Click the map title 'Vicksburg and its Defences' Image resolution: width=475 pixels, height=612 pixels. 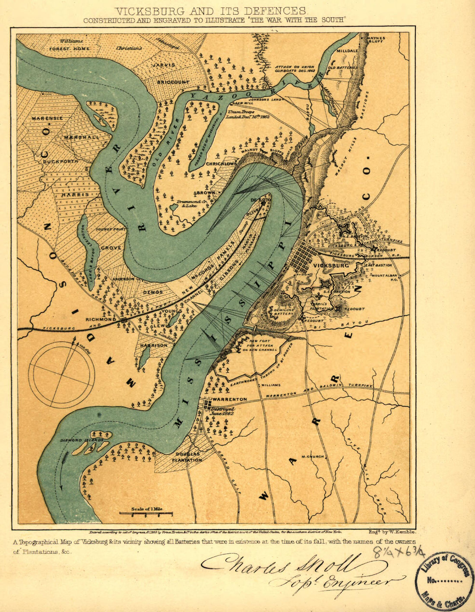(x=211, y=11)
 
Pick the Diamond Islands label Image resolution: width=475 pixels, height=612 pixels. (x=82, y=440)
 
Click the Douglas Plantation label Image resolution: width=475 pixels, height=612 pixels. (x=188, y=457)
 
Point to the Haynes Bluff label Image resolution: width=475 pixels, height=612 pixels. (x=376, y=40)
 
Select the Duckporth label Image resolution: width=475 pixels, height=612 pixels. (x=60, y=162)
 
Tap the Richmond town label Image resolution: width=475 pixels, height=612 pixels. (x=100, y=319)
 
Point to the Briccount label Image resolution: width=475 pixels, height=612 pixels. (x=173, y=82)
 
